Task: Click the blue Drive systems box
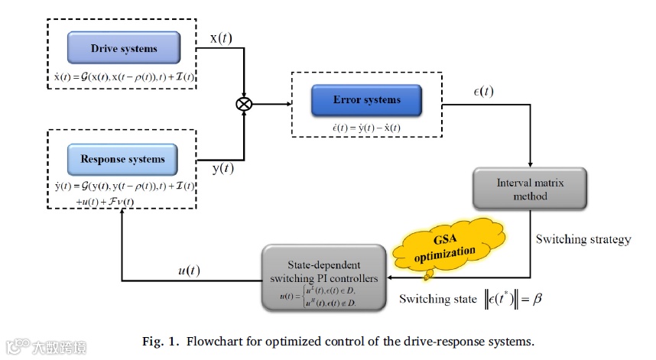[124, 48]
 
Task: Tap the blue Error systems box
[367, 100]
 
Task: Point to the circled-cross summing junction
[244, 105]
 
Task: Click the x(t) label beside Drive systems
[222, 37]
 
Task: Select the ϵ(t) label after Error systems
[485, 92]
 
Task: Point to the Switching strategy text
[583, 239]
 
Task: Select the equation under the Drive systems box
[124, 79]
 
